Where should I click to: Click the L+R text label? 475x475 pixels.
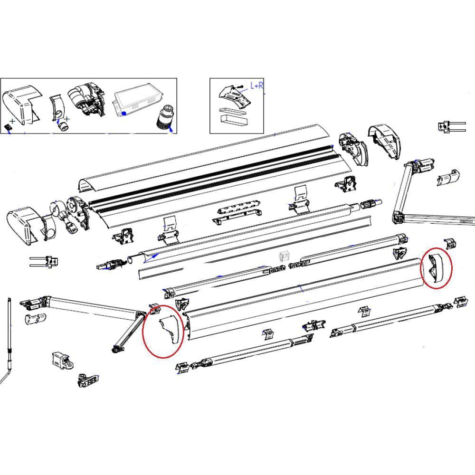click(x=257, y=86)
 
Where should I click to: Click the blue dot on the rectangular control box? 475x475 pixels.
click(x=123, y=114)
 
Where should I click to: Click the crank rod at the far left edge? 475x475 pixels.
click(x=9, y=342)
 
